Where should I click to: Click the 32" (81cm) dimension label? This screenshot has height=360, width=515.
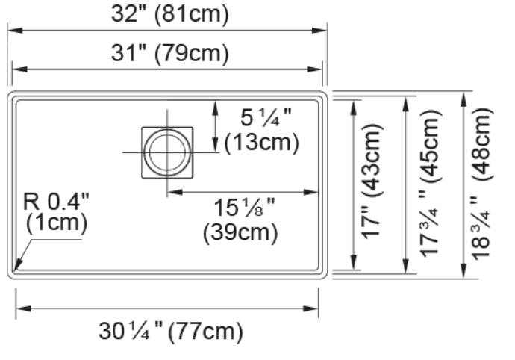tap(170, 14)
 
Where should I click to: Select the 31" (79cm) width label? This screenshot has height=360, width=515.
tap(170, 53)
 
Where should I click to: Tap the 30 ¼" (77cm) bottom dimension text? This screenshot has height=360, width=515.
tap(171, 331)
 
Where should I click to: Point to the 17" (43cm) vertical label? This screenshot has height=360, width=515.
tap(372, 181)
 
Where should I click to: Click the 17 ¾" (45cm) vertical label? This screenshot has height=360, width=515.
tap(430, 183)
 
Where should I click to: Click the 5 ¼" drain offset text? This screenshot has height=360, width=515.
tap(266, 118)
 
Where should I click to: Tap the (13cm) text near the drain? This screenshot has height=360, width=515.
tap(262, 143)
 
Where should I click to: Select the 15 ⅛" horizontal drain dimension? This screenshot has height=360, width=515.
tap(244, 208)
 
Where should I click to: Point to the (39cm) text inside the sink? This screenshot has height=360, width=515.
tap(240, 232)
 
